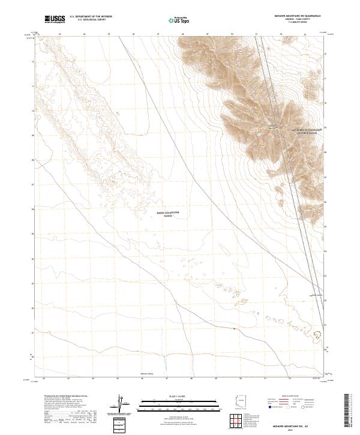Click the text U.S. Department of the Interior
[91, 17]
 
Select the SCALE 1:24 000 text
[179, 396]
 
